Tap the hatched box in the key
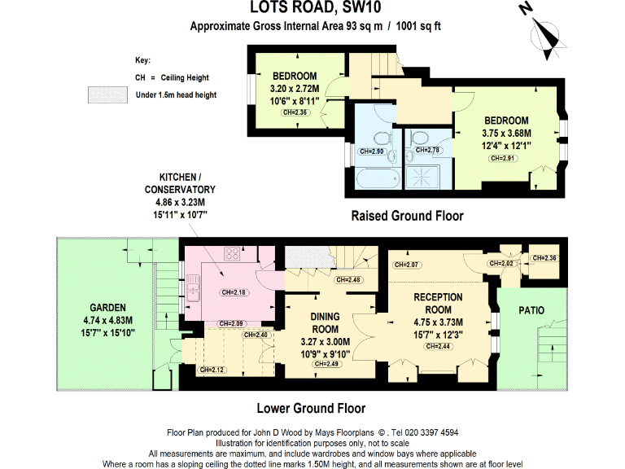tap(108, 95)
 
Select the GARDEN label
tap(107, 308)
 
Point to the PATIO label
tap(531, 310)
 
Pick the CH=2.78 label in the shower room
tap(428, 150)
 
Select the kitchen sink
tap(193, 290)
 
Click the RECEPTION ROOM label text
tap(438, 303)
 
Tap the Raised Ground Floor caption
tap(407, 216)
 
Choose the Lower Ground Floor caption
tap(311, 409)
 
